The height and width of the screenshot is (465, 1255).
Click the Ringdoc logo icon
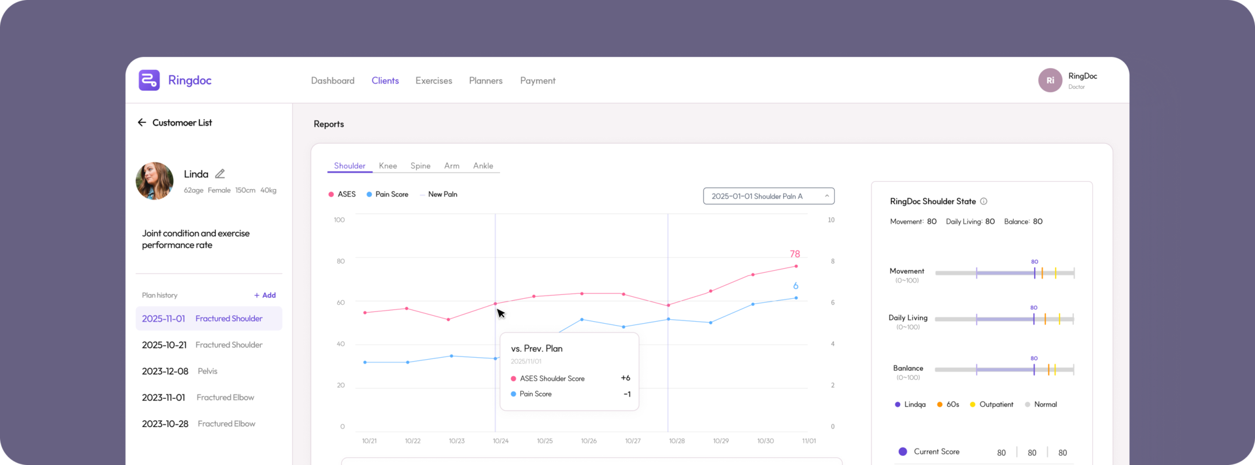click(149, 80)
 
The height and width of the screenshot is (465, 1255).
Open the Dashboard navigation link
click(333, 80)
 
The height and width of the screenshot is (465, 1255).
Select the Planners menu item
click(486, 80)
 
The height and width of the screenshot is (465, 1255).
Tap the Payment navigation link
click(537, 80)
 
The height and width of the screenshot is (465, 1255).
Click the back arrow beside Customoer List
click(142, 122)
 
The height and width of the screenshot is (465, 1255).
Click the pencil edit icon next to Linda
click(220, 174)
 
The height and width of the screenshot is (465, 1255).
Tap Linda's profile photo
click(154, 181)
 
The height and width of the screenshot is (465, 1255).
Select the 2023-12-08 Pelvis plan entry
click(180, 371)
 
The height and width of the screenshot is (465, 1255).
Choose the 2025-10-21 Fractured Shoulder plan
click(202, 345)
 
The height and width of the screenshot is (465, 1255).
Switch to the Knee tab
click(388, 165)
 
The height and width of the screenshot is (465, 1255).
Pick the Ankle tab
click(483, 165)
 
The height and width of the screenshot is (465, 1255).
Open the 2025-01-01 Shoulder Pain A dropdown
click(769, 196)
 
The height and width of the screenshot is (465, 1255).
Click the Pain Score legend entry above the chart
click(388, 194)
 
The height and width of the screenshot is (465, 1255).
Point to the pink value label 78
click(795, 254)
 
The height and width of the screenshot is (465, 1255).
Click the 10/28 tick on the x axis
click(677, 441)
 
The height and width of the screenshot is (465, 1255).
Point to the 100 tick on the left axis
click(339, 220)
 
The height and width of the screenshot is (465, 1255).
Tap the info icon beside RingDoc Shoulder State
click(984, 201)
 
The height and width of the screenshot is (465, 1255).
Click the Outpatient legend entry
click(992, 404)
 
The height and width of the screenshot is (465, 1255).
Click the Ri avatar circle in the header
click(1050, 80)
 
